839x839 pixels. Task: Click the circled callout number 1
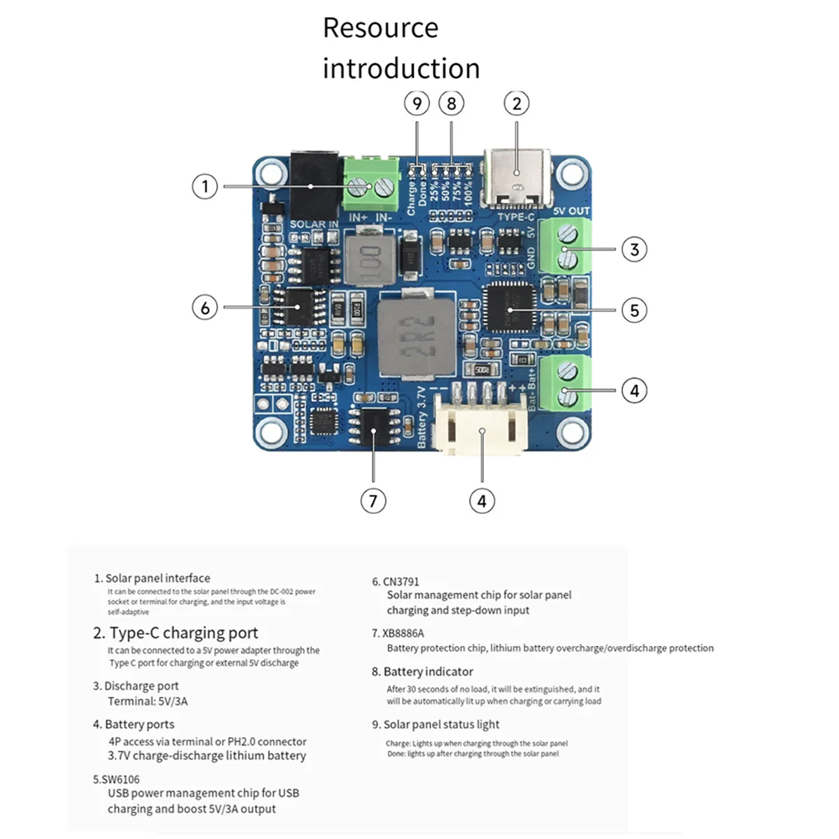205,187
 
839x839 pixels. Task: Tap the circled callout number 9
417,103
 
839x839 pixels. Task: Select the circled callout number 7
373,501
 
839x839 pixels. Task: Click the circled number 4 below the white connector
482,501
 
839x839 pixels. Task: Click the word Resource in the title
380,28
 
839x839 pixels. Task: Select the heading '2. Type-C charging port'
175,633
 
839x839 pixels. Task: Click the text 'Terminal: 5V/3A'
148,701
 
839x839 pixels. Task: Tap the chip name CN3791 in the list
401,582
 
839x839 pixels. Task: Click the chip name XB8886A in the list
403,633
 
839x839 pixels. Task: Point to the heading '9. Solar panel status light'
436,724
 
